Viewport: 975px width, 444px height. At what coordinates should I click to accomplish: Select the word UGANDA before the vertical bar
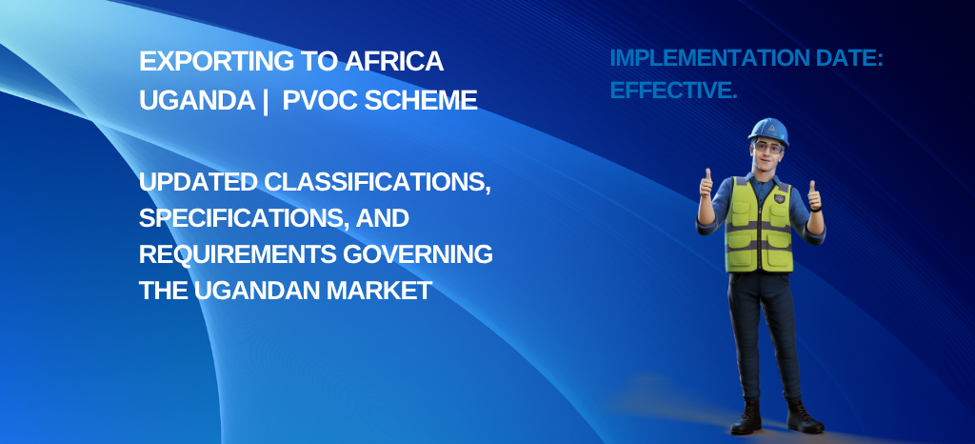(x=197, y=100)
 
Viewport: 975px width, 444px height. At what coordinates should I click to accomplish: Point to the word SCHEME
(x=420, y=100)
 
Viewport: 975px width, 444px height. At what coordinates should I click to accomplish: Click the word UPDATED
(x=198, y=183)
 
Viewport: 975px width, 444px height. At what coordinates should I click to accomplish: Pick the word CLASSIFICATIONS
(x=377, y=184)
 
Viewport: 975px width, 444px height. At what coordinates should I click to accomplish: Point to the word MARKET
(x=381, y=291)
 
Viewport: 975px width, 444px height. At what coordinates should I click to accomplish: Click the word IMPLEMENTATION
(x=703, y=58)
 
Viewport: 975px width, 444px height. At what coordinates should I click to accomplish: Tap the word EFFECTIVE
(x=673, y=91)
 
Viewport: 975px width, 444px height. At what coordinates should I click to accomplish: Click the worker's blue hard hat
(x=768, y=131)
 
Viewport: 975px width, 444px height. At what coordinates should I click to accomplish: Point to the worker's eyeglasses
(x=767, y=148)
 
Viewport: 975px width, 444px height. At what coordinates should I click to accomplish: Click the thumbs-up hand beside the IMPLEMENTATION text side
(x=706, y=185)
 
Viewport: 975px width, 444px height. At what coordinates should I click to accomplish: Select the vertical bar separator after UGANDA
(x=266, y=101)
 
